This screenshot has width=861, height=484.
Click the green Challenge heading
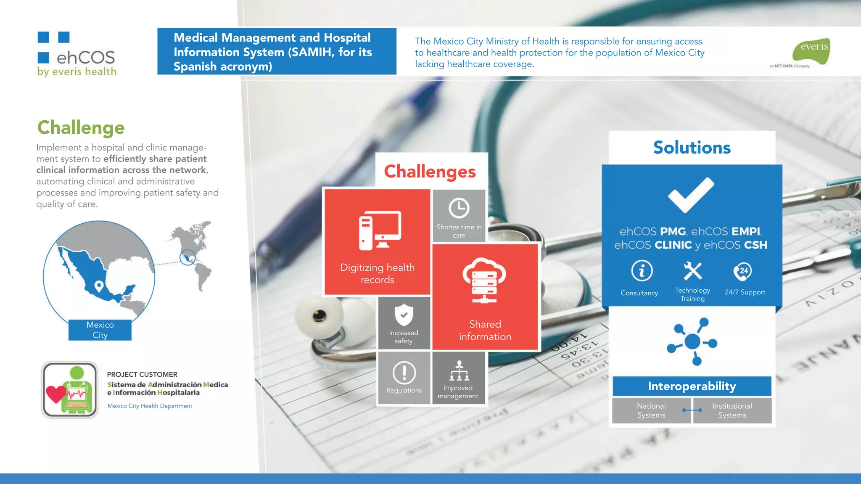81,127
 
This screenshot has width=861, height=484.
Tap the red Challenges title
430,171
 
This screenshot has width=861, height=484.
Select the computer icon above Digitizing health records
380,230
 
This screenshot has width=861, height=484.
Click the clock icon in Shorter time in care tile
459,208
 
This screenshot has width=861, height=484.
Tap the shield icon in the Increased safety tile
404,314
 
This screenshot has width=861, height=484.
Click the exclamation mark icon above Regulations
404,372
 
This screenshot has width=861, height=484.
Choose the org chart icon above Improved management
459,370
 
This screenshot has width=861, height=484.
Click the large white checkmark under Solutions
691,195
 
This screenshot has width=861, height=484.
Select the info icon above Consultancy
642,270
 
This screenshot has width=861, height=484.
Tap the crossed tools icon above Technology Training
692,271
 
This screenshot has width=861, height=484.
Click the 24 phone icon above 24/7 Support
743,271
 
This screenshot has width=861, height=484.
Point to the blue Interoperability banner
692,386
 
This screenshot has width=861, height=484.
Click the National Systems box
651,410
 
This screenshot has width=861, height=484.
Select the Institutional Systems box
732,410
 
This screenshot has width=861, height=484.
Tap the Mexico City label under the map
100,330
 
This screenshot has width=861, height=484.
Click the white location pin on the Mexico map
99,286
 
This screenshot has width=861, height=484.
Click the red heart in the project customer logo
55,394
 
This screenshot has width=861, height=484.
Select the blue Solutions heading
692,148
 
